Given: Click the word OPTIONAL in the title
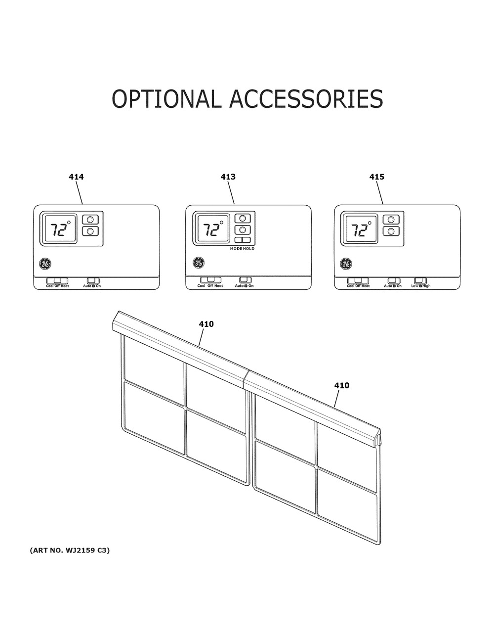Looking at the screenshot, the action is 166,98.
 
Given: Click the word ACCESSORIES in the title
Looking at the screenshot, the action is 306,98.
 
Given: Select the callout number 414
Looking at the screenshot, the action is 76,177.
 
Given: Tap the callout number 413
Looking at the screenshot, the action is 228,177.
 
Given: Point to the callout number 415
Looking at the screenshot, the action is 376,177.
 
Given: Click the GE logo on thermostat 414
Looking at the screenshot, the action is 45,264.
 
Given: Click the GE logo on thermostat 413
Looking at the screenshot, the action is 199,263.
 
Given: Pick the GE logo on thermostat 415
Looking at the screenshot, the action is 346,264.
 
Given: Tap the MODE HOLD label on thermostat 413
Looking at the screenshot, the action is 242,249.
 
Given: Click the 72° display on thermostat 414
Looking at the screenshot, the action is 60,229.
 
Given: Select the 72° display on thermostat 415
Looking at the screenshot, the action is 361,229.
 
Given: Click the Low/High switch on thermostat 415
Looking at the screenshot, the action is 420,281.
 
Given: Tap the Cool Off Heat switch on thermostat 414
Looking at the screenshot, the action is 57,281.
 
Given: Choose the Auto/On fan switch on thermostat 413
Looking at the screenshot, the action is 245,280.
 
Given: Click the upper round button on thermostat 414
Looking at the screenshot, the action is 90,220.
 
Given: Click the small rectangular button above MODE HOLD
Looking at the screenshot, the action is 242,240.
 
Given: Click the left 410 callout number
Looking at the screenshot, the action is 206,324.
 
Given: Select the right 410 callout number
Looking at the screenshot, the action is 342,385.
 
